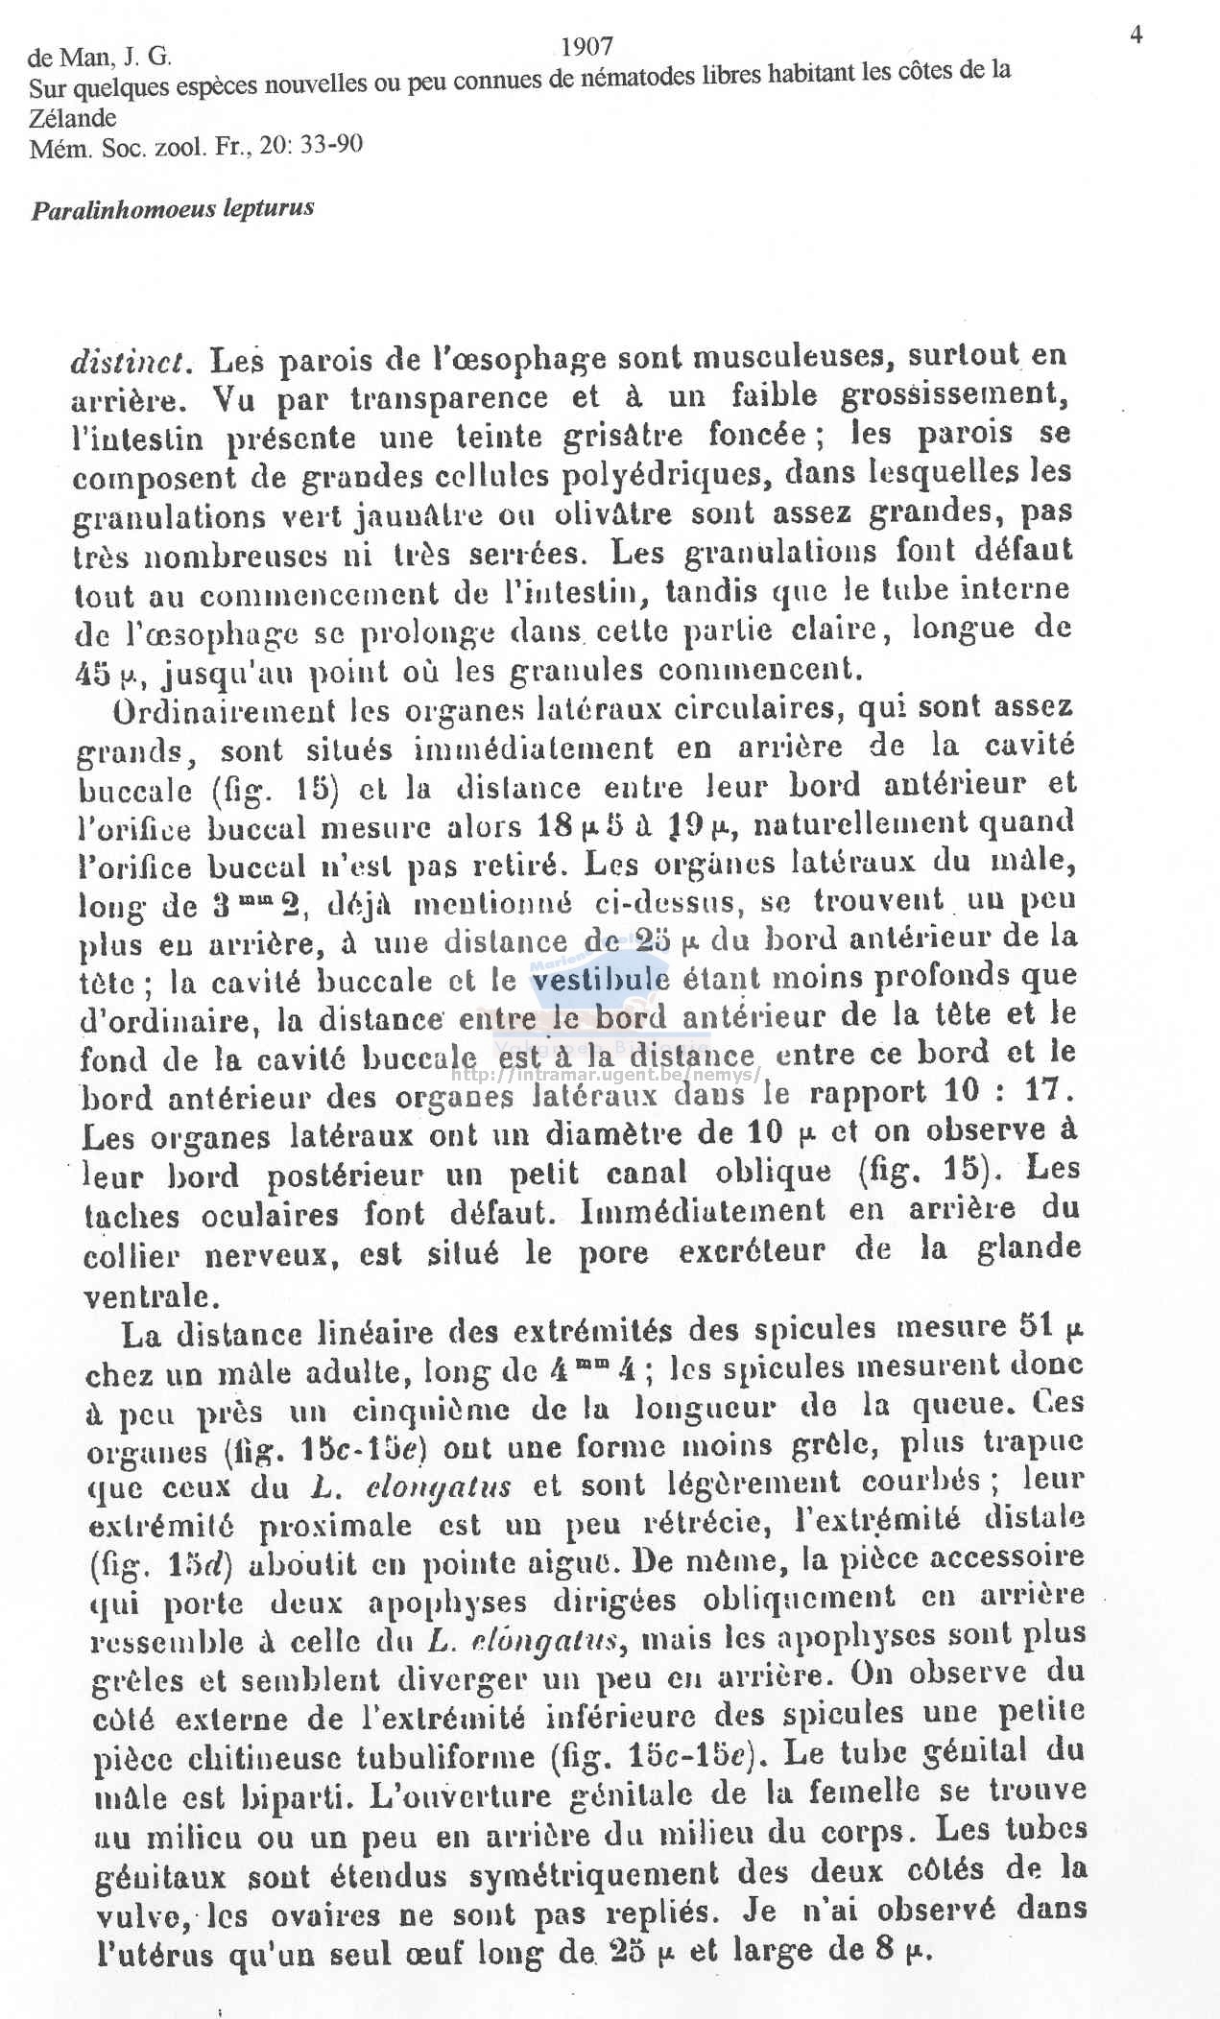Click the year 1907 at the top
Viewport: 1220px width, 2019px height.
click(586, 45)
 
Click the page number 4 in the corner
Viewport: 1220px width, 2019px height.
click(1136, 36)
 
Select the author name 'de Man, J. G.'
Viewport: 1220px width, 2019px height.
click(101, 59)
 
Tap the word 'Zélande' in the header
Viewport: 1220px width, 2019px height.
click(73, 119)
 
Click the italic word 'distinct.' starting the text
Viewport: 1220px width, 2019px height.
click(133, 361)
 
